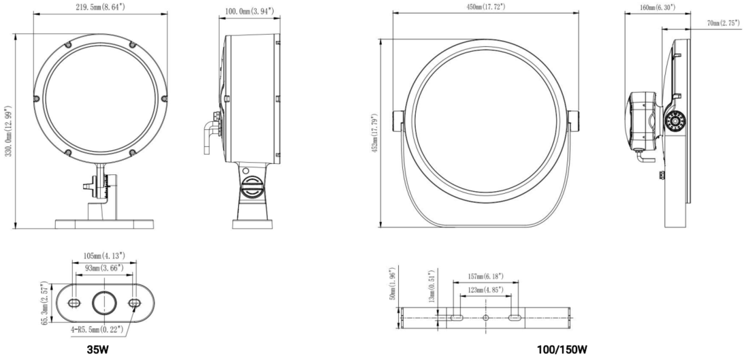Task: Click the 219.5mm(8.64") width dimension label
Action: (x=100, y=7)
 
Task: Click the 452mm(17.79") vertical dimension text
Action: (x=374, y=133)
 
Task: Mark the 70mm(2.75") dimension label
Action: (x=723, y=23)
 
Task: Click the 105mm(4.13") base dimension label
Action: (x=104, y=257)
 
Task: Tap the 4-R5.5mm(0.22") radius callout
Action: (x=98, y=328)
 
